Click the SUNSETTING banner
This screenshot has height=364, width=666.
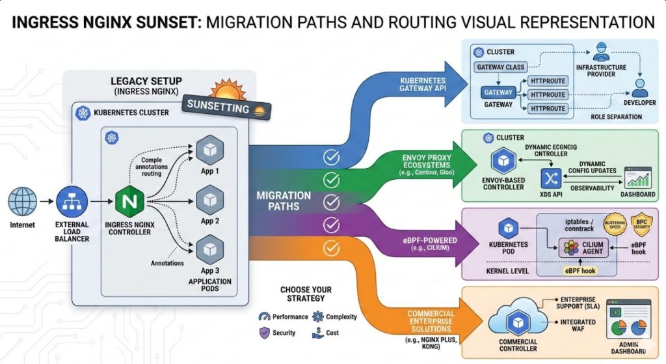click(219, 106)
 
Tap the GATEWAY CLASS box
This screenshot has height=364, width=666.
click(500, 66)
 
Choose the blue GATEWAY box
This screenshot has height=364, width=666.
click(498, 92)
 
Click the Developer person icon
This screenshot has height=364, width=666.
click(640, 87)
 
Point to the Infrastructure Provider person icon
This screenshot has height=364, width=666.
click(600, 53)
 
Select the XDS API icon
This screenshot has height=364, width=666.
click(552, 178)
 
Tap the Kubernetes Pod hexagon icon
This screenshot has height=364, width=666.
click(508, 229)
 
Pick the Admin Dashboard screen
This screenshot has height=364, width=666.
click(628, 320)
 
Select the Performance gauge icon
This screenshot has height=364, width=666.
click(264, 316)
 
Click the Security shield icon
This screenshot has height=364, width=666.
click(264, 332)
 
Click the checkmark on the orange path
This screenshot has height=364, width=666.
click(332, 247)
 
